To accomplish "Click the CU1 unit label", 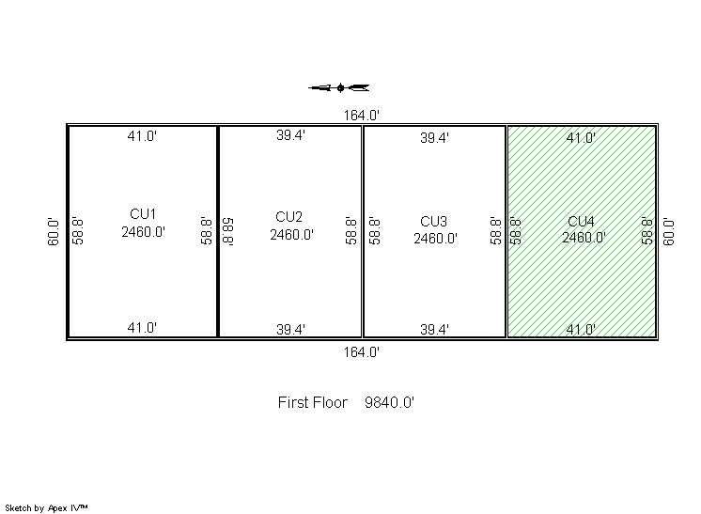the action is pos(143,214).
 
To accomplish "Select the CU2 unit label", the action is pos(288,217).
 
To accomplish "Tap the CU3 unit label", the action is pos(433,221).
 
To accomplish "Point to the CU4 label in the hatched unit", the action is pos(581,221).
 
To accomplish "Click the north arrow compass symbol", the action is pos(340,87).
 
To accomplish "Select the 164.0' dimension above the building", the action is pos(361,116).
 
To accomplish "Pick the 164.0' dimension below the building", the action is pos(361,352).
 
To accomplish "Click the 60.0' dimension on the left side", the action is pos(54,231).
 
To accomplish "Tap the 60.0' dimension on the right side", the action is pos(668,231).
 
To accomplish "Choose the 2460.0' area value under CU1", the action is pos(143,232).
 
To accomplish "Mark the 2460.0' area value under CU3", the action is pos(435,239).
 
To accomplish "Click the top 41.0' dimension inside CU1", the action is pos(142,136).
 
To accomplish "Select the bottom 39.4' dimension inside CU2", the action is pos(290,330).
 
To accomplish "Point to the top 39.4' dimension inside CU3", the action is pos(434,138).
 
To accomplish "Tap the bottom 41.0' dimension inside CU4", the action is pos(581,330).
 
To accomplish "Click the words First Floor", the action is pos(313,402).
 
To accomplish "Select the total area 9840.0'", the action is pos(389,402).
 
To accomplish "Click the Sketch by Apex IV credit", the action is pos(46,508).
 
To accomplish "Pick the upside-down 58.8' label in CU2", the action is pos(228,231).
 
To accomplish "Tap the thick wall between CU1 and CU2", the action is pos(218,231).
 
